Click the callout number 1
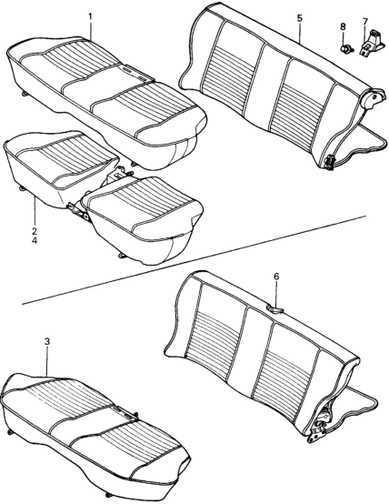pos(90,16)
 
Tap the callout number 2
pos(35,231)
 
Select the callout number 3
pos(47,342)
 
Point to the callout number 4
pos(35,240)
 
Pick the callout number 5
pos(299,18)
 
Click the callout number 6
pos(276,277)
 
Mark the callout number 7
pos(364,22)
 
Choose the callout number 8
pos(343,26)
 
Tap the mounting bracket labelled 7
pos(373,43)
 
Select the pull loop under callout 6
pos(274,309)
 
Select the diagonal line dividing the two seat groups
pos(194,259)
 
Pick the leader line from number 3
pos(47,362)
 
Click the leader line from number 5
pos(299,33)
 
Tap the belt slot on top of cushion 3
pos(124,413)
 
